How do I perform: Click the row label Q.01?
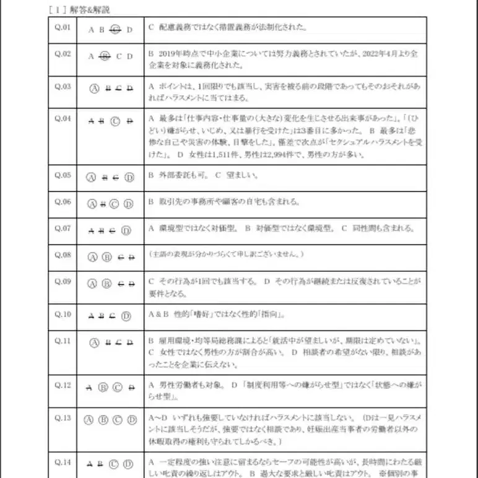(63, 28)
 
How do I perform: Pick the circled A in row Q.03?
(95, 88)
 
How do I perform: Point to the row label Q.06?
(63, 202)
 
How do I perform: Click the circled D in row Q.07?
(126, 231)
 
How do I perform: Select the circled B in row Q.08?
(106, 257)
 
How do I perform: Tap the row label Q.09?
(63, 282)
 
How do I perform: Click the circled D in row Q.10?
(126, 316)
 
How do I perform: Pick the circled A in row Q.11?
(95, 341)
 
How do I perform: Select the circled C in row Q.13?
(118, 420)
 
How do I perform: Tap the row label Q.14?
(63, 462)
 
